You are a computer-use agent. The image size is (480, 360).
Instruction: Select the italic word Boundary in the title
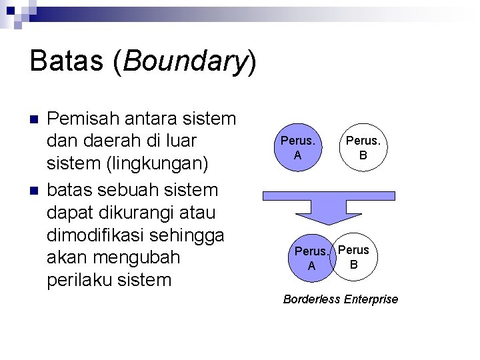(185, 63)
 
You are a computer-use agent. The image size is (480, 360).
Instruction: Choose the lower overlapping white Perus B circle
(356, 257)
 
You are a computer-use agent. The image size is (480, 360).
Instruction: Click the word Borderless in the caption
(311, 299)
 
